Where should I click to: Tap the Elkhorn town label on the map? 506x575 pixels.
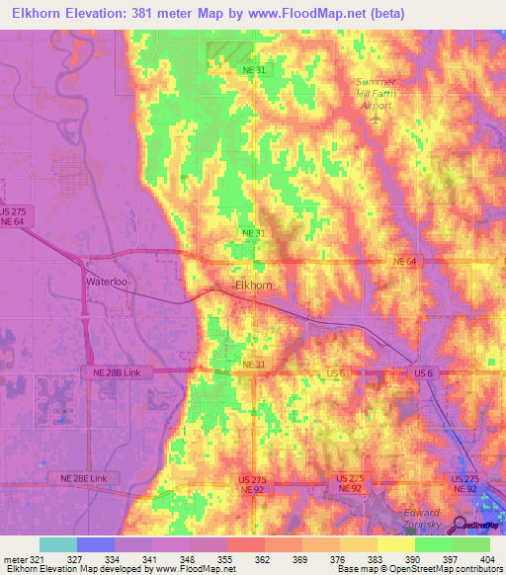click(x=253, y=286)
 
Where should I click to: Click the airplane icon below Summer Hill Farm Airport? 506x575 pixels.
click(x=376, y=119)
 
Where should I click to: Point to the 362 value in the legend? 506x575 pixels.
click(x=264, y=558)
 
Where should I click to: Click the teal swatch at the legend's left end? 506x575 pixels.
click(x=58, y=544)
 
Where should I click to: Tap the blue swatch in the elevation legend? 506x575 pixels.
click(x=96, y=544)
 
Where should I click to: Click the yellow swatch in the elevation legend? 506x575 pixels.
click(x=359, y=544)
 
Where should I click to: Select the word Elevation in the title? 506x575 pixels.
click(x=97, y=13)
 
